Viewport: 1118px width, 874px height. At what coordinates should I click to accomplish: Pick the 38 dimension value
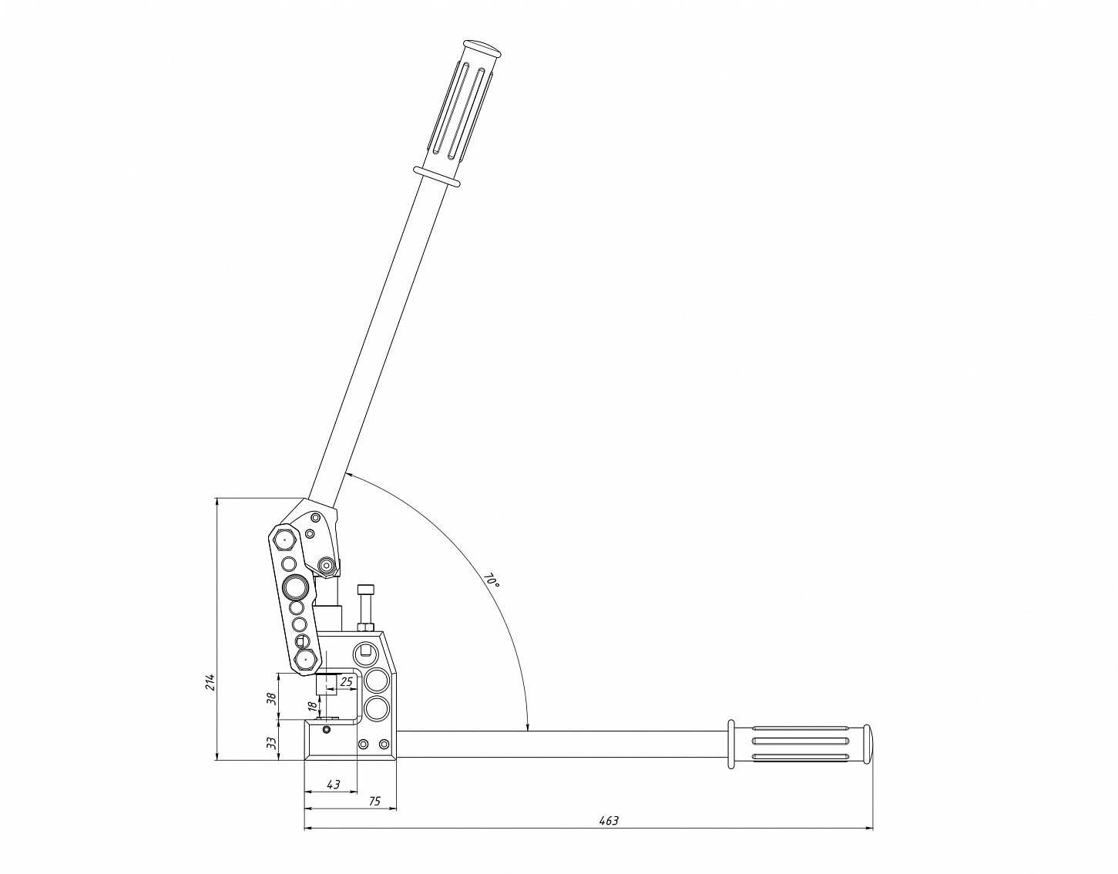point(273,698)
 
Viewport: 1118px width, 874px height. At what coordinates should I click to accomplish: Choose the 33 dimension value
point(273,742)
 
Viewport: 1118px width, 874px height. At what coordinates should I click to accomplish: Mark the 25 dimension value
point(347,682)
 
